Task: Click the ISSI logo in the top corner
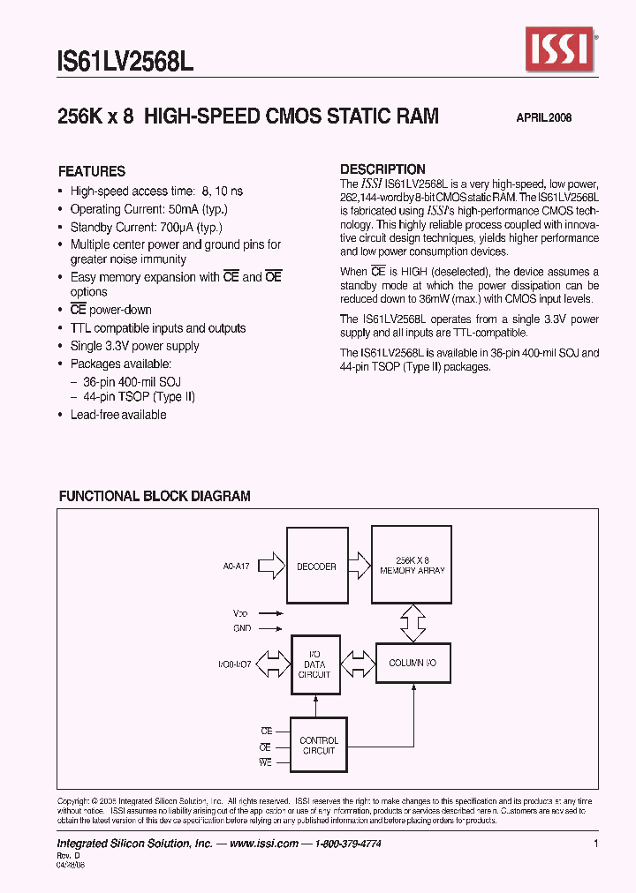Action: tap(561, 49)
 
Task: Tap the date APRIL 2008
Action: tap(543, 118)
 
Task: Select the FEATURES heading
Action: tap(92, 171)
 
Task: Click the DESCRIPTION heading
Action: tap(382, 169)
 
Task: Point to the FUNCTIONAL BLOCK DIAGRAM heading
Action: tap(155, 496)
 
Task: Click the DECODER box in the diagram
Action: tap(316, 567)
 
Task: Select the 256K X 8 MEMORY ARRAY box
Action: tap(412, 566)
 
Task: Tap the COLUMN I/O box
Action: tap(413, 663)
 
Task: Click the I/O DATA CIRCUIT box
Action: tap(314, 664)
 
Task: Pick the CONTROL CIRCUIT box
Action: tap(318, 746)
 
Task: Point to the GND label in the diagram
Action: tap(243, 628)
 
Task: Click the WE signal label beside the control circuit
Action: tap(265, 762)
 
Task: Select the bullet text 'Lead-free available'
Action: tap(118, 415)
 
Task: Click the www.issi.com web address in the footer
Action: tap(262, 844)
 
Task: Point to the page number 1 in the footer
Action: tap(596, 844)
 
